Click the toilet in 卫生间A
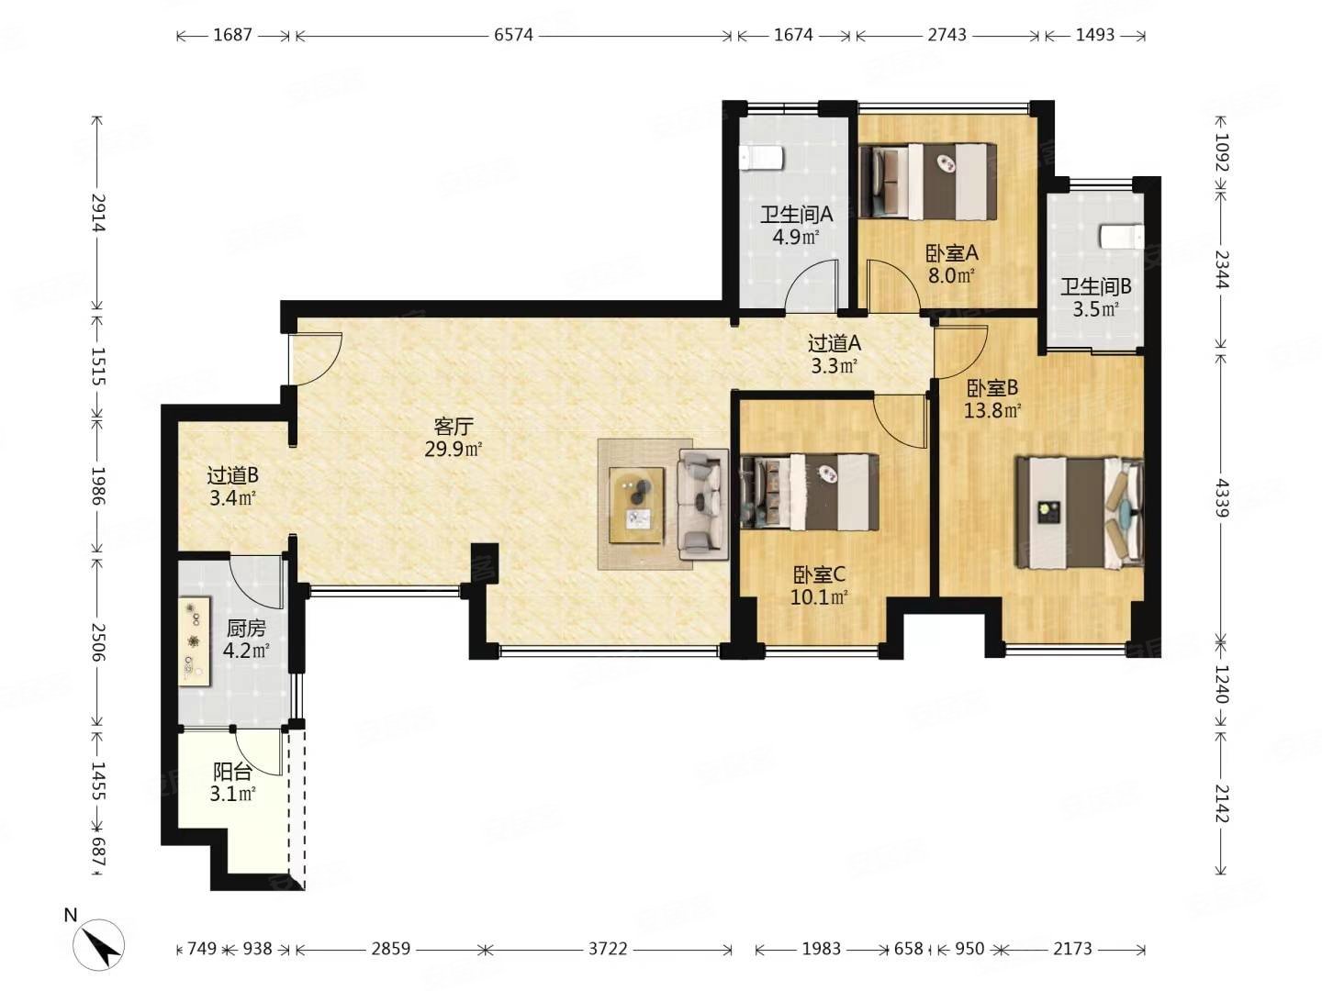click(761, 158)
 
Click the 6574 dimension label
click(513, 35)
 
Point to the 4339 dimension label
click(1220, 497)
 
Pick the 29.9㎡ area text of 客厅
click(453, 450)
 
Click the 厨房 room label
click(246, 629)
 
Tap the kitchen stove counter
click(195, 640)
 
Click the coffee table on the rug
click(637, 506)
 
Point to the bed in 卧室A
click(927, 181)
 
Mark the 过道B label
click(233, 475)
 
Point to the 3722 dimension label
click(607, 949)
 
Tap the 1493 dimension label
click(1095, 35)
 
